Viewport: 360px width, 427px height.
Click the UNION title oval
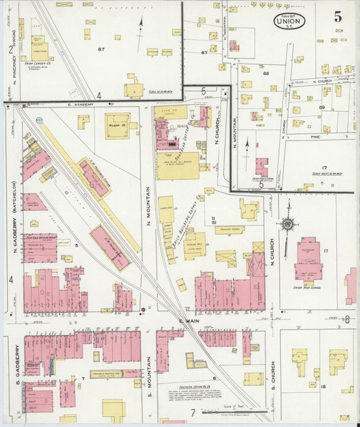289,21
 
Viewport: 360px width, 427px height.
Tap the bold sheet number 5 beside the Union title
337,18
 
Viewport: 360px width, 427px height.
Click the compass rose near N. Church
288,224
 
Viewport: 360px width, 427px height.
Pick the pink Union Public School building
261,166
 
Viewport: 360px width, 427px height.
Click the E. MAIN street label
185,320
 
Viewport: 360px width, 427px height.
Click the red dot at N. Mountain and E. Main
143,311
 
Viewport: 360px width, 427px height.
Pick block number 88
265,72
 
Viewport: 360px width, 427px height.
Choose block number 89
322,107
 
